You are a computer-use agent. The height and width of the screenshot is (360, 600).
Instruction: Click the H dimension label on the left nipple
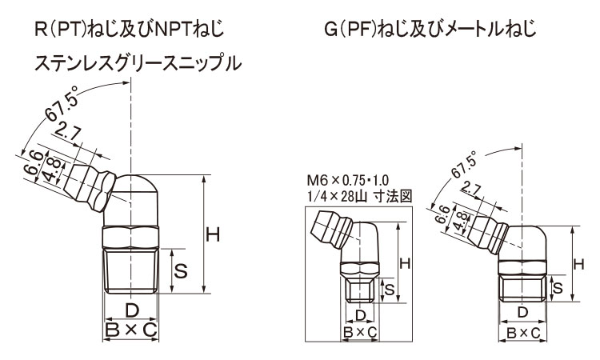coord(213,234)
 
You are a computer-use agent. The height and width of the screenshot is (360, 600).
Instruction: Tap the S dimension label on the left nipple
coord(181,271)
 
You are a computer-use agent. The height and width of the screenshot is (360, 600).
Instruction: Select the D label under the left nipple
coord(132,310)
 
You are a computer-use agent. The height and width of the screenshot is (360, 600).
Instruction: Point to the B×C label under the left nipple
coord(131,330)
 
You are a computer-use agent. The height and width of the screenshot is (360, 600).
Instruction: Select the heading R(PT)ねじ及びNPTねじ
coord(130,30)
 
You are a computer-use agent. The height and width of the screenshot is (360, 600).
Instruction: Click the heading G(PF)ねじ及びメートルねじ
coord(430,30)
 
